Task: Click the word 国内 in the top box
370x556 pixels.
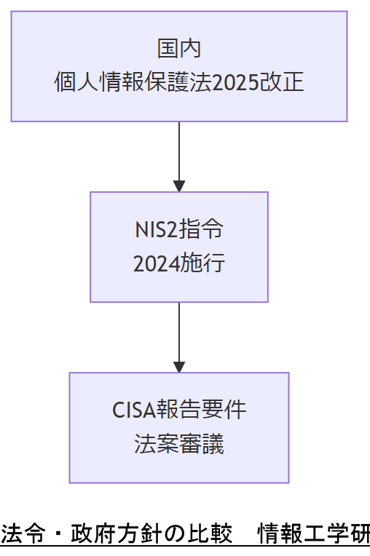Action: (x=179, y=49)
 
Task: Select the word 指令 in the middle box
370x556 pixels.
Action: (x=201, y=230)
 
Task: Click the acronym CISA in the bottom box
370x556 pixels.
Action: (x=134, y=410)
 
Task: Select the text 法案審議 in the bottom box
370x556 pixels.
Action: (x=179, y=444)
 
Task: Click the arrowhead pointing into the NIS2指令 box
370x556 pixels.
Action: (x=179, y=186)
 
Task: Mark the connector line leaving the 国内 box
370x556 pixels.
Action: (x=179, y=149)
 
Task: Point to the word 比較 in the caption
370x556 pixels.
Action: (x=209, y=533)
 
